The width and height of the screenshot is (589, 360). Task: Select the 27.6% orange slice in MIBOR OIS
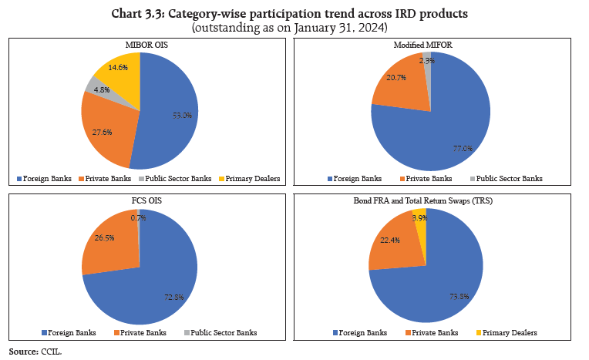tap(104, 132)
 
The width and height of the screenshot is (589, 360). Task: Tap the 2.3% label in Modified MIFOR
tap(426, 59)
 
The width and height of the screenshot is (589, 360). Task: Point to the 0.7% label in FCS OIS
tap(139, 218)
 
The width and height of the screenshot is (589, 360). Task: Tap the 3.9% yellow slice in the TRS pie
tap(419, 218)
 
